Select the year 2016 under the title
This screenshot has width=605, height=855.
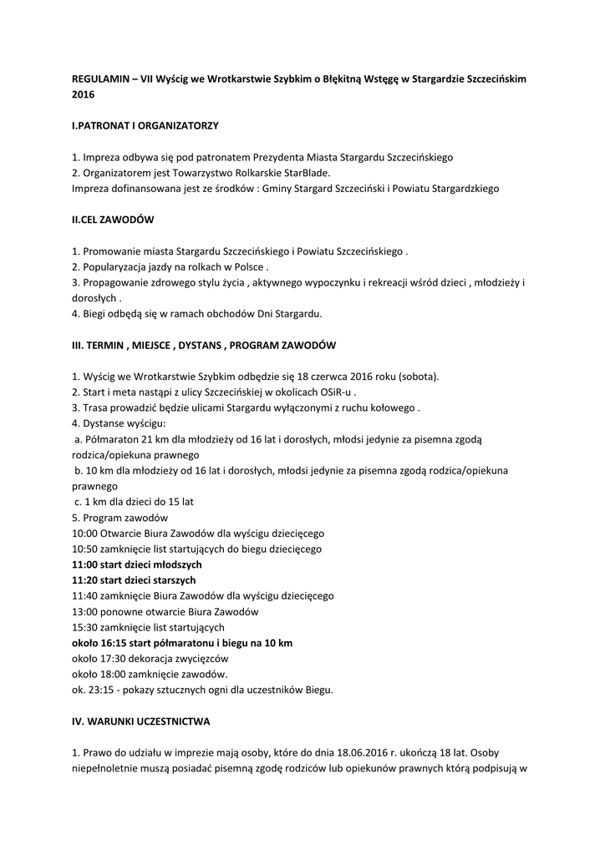(83, 94)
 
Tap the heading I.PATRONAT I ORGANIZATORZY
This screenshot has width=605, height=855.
(145, 125)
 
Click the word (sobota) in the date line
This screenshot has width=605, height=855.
(419, 376)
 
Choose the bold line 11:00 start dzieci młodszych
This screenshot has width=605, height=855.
(137, 564)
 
